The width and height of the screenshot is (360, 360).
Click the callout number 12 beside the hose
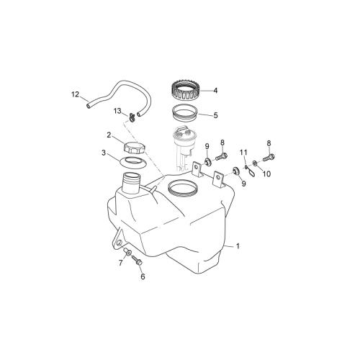pos(76,94)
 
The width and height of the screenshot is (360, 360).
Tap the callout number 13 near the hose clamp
pos(117,111)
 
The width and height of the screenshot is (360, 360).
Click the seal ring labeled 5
pos(185,113)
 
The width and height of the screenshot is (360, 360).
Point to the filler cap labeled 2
pos(135,148)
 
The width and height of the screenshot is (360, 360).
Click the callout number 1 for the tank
pos(238,246)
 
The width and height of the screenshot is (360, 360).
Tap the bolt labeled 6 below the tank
pos(137,260)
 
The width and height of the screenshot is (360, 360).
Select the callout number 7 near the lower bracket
pos(120,263)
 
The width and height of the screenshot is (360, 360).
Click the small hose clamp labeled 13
pos(132,117)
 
